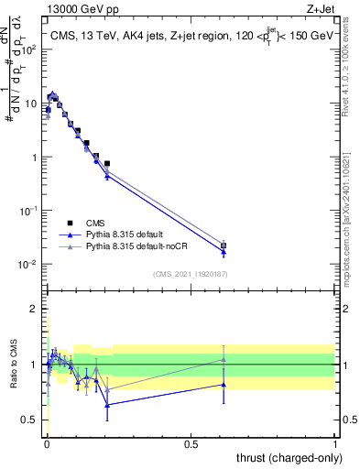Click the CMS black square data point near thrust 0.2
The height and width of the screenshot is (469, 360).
pyautogui.click(x=107, y=164)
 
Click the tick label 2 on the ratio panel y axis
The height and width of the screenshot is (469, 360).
pyautogui.click(x=36, y=309)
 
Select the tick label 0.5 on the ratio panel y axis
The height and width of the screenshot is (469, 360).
pyautogui.click(x=31, y=420)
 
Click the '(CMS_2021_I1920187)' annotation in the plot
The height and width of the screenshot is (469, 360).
pyautogui.click(x=191, y=273)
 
